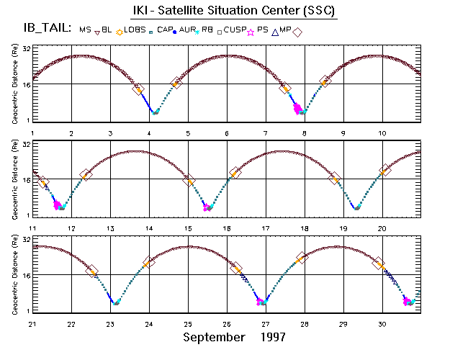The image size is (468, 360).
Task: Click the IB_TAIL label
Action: click(x=45, y=28)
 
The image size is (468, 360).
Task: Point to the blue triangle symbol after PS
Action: click(x=275, y=31)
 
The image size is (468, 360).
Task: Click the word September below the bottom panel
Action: click(x=214, y=336)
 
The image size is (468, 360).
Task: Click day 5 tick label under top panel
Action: click(x=188, y=133)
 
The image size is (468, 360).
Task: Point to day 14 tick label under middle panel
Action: click(x=149, y=228)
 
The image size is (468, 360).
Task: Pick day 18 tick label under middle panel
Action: click(x=305, y=228)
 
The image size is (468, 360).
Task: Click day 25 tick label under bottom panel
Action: click(x=188, y=324)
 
